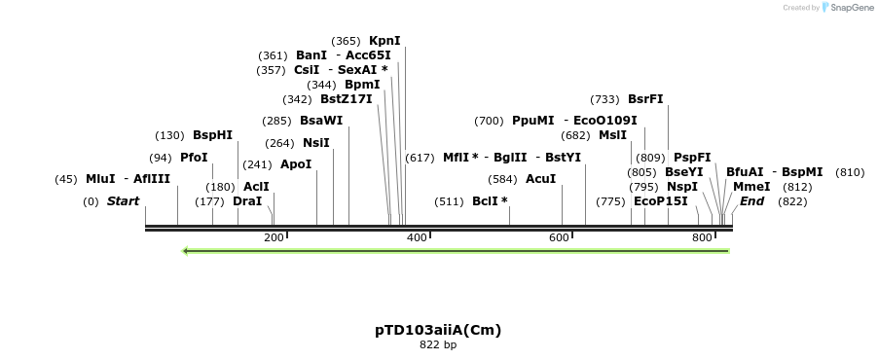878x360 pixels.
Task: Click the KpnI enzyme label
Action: (x=384, y=41)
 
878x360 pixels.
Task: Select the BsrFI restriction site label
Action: (x=645, y=99)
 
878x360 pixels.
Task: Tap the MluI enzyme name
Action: (x=100, y=179)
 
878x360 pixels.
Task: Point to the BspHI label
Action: (x=212, y=135)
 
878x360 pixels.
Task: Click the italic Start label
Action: (x=123, y=201)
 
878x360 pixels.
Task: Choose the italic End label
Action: (x=751, y=201)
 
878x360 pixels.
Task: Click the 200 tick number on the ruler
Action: (x=273, y=237)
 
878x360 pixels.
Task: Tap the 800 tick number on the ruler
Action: (x=701, y=237)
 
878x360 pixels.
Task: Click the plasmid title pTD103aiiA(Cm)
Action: (x=438, y=330)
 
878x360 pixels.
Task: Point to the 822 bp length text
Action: (x=438, y=344)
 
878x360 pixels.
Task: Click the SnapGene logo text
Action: (x=852, y=8)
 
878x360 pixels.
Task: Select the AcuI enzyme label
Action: (x=540, y=179)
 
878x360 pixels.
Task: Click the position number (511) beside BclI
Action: (x=450, y=201)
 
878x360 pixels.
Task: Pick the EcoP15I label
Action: (x=660, y=201)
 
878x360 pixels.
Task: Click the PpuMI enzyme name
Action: (x=532, y=121)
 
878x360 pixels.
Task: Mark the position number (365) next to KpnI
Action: (x=346, y=41)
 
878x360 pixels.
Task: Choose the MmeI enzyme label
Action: (x=751, y=187)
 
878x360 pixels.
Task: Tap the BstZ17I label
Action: (x=346, y=99)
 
